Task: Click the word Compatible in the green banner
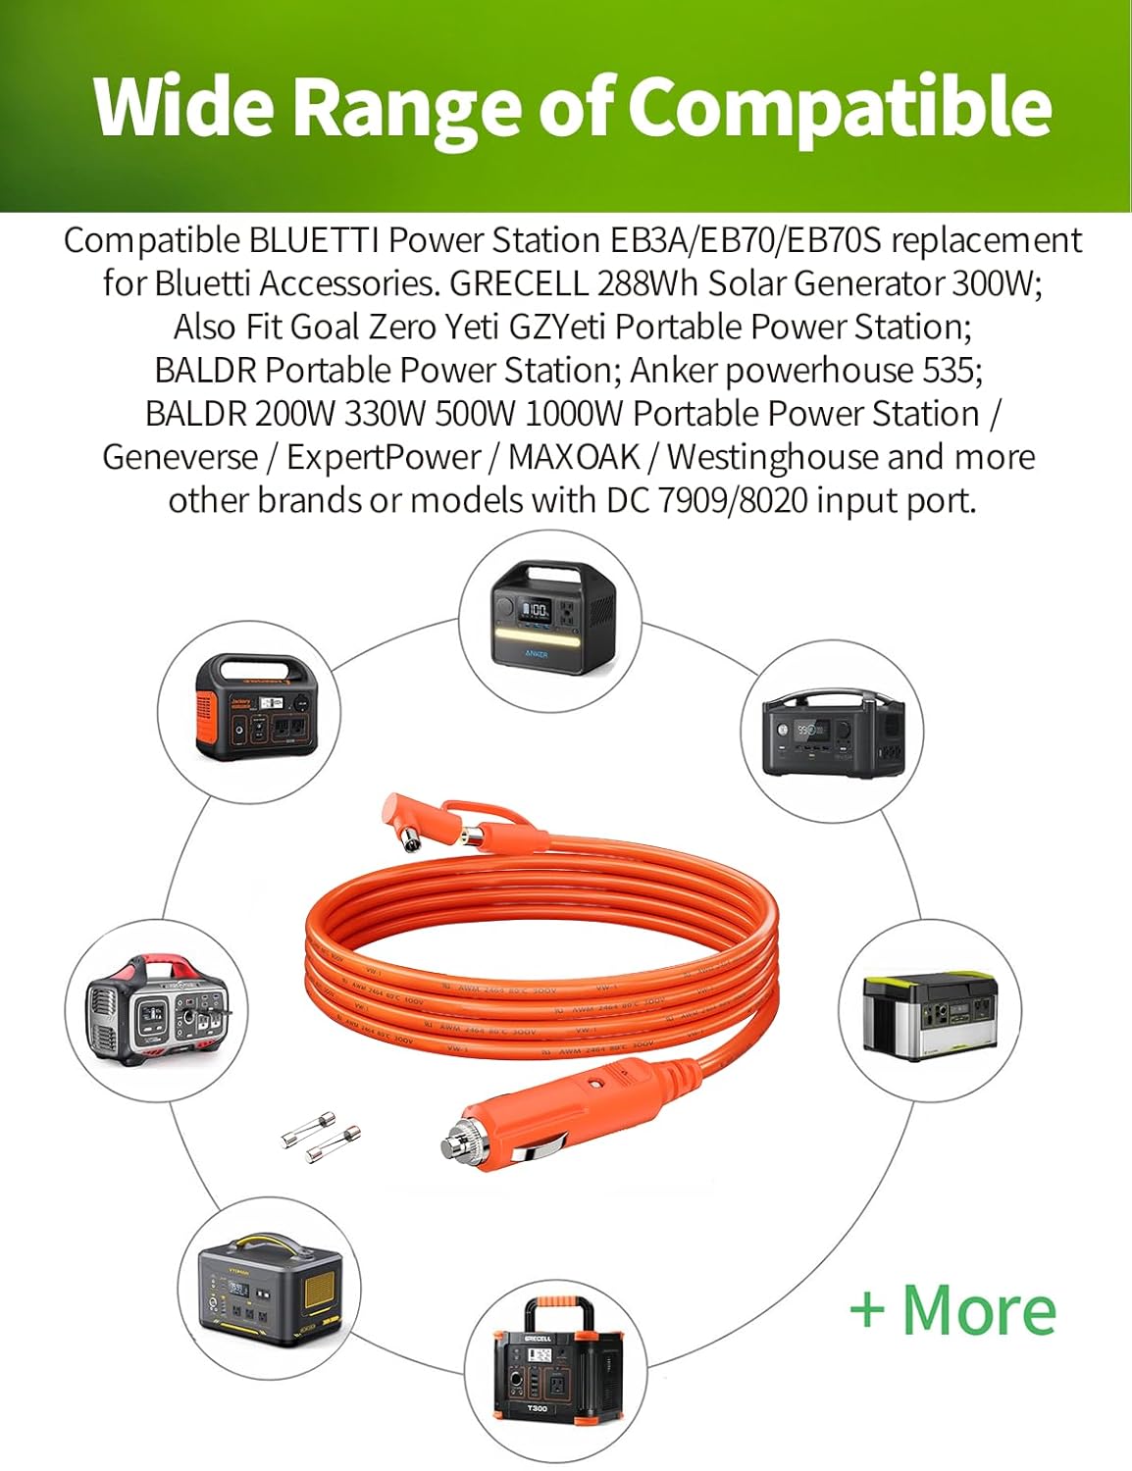pyautogui.click(x=840, y=106)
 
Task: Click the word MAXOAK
pyautogui.click(x=574, y=457)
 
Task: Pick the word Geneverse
pyautogui.click(x=180, y=457)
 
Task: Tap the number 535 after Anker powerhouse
pyautogui.click(x=952, y=371)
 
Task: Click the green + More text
pyautogui.click(x=952, y=1310)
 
